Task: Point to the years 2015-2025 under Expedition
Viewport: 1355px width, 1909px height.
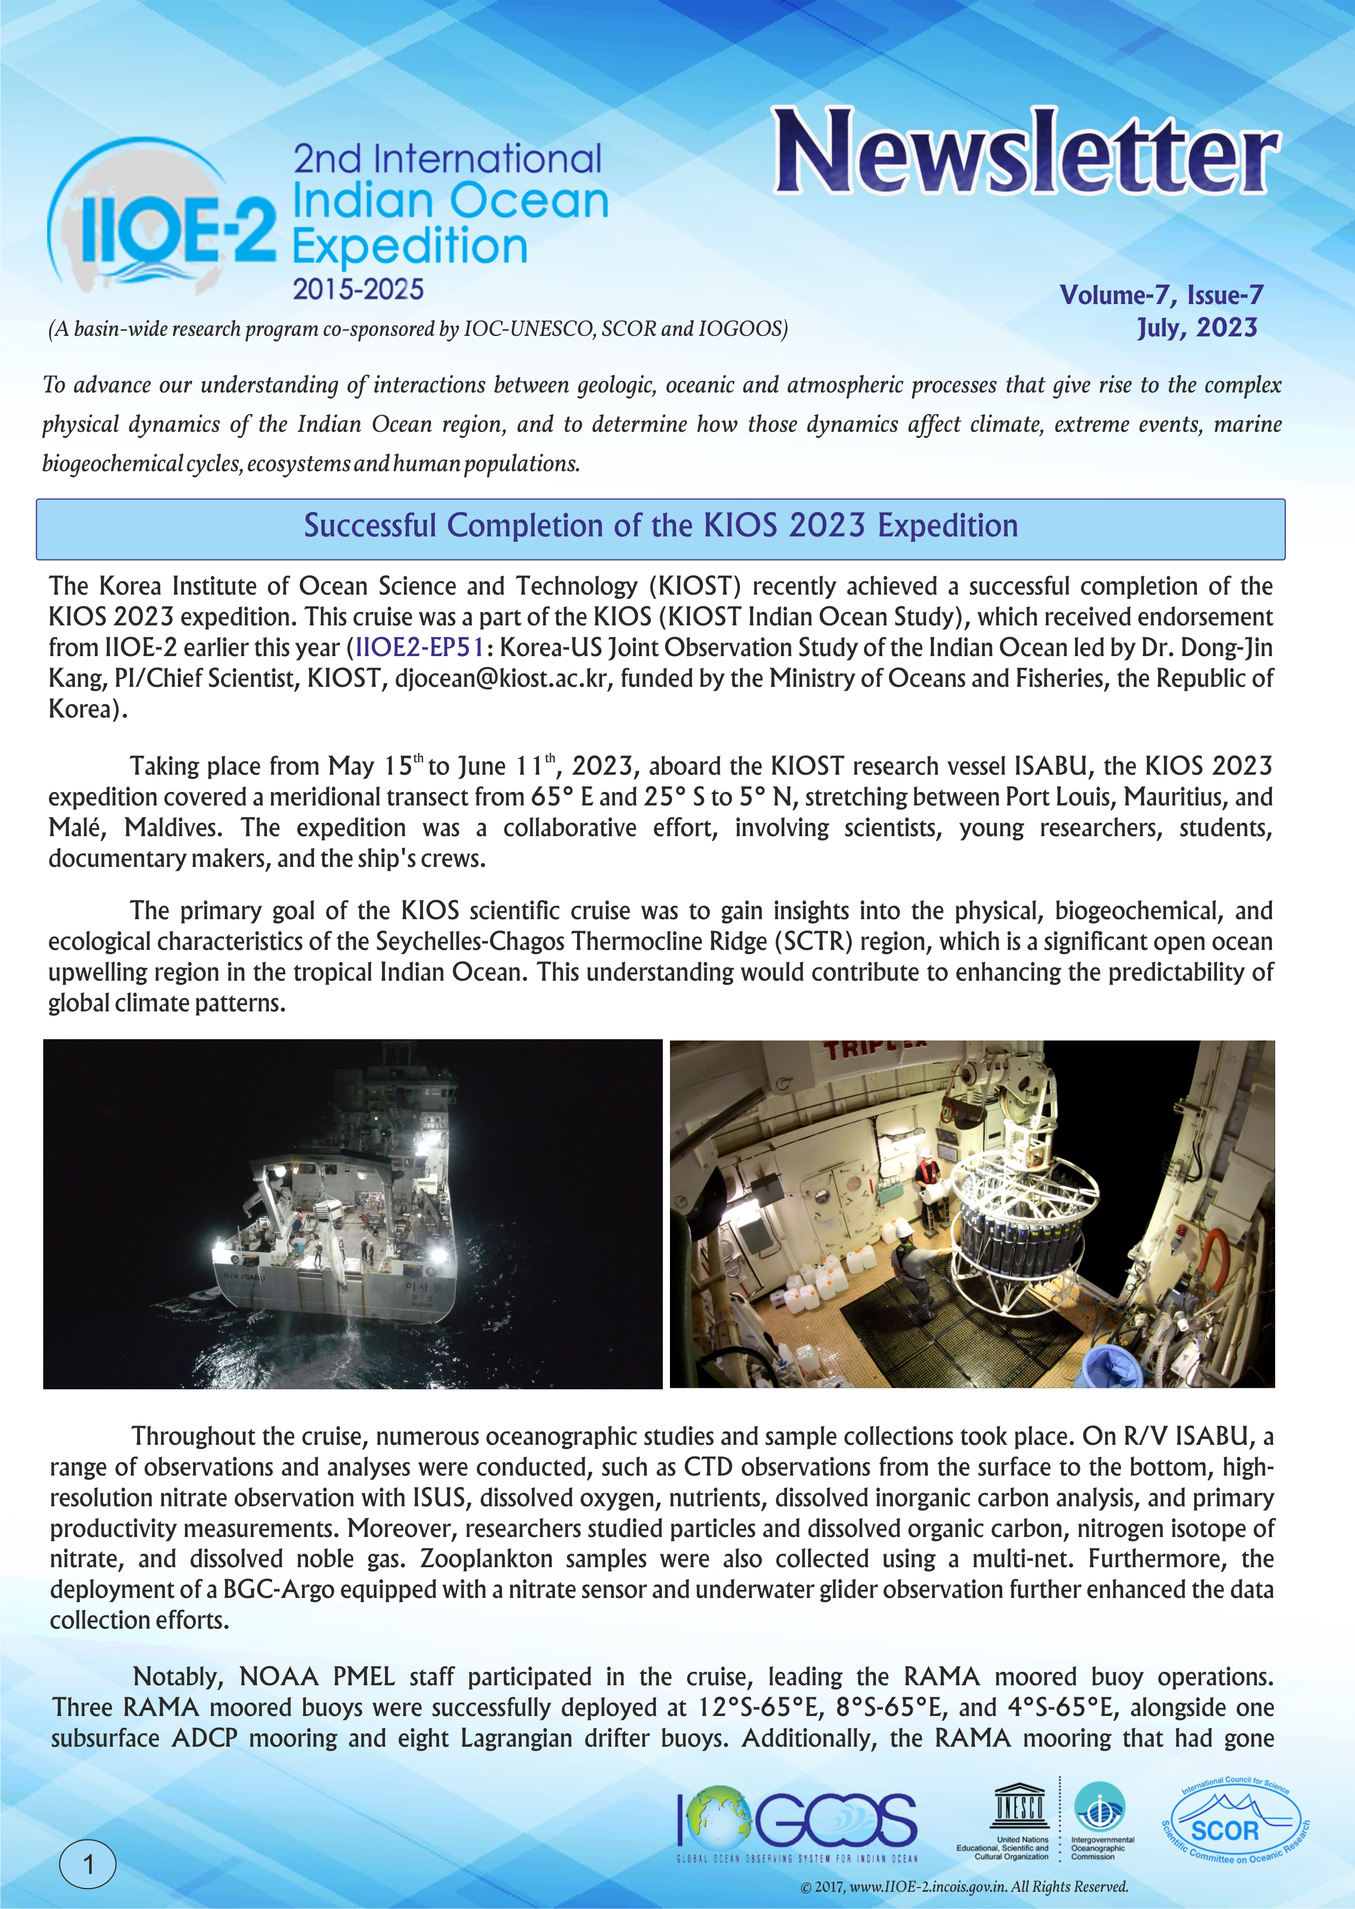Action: [x=358, y=290]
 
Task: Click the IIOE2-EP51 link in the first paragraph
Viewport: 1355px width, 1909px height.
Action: [x=420, y=647]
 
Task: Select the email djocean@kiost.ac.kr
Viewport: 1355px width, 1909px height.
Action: [x=503, y=678]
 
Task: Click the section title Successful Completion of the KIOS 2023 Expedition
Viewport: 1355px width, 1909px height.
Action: [x=660, y=526]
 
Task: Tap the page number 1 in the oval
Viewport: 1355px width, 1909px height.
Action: [x=87, y=1863]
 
